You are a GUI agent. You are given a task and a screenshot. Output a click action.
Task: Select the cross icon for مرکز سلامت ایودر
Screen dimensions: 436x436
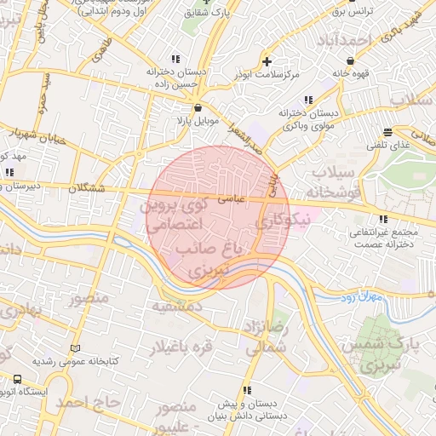pos(267,61)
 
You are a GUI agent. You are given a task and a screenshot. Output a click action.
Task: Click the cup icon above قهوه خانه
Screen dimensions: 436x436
pos(343,59)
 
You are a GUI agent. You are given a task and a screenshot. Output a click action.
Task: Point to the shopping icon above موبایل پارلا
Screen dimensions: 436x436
pos(198,107)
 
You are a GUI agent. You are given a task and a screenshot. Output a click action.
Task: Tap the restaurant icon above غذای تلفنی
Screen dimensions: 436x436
pos(388,132)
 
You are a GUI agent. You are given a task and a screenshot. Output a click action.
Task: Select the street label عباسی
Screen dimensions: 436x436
pos(232,198)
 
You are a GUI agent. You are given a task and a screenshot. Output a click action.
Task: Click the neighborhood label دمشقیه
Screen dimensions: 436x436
pos(176,304)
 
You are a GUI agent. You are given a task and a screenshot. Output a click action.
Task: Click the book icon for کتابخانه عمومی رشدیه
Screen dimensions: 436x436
pos(76,349)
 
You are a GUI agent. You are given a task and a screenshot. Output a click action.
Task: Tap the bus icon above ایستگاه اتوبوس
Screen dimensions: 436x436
pos(18,380)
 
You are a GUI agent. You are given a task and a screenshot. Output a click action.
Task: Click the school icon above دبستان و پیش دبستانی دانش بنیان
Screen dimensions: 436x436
pos(245,389)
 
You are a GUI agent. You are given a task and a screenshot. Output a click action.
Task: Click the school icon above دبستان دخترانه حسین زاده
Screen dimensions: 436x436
pos(175,59)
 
